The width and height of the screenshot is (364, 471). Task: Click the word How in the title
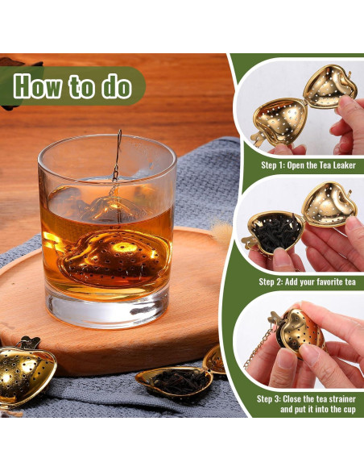click(40, 85)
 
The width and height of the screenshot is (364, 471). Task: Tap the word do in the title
click(115, 85)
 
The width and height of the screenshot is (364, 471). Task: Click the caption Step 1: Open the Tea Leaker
click(308, 165)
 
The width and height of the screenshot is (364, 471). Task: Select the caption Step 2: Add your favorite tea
click(307, 281)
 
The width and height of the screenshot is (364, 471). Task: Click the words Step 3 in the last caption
click(272, 398)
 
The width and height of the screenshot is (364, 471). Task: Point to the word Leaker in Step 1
click(341, 165)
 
